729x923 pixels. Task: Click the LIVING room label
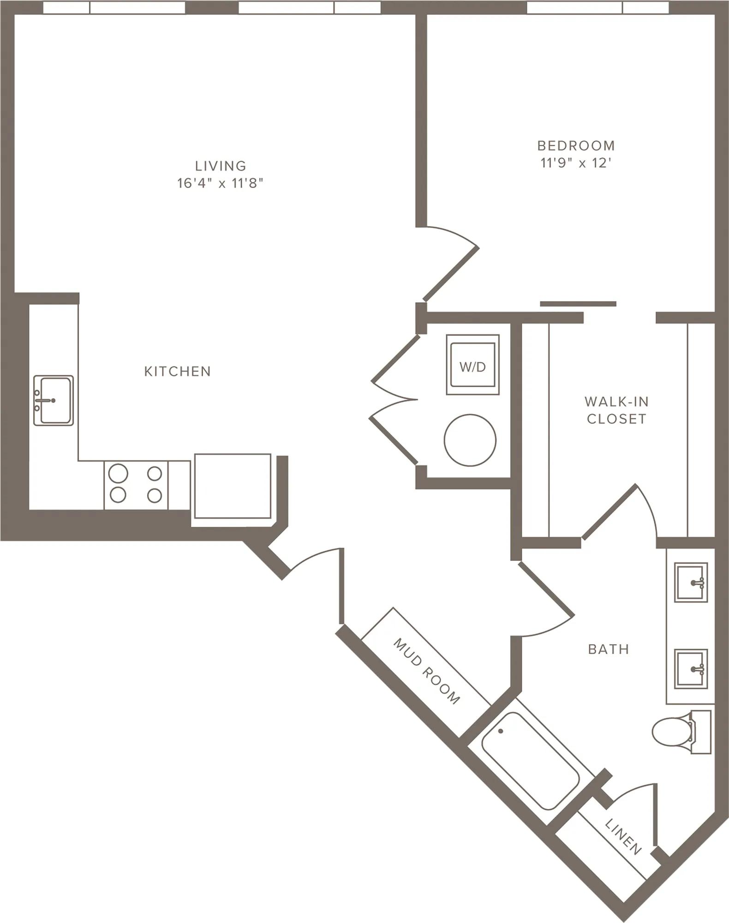[221, 166]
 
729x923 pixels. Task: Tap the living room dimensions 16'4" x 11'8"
[221, 183]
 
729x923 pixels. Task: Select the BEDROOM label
[576, 146]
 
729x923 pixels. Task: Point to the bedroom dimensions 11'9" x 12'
[576, 163]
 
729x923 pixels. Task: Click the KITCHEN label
[178, 372]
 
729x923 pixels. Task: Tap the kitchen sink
[54, 400]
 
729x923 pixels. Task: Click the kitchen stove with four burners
[136, 485]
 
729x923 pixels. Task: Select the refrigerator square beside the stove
[233, 486]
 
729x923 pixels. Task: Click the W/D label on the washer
[473, 367]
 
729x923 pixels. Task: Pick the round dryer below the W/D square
[470, 440]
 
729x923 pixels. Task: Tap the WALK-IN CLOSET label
[616, 410]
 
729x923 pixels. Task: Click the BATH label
[609, 649]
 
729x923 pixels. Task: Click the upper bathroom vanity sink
[691, 582]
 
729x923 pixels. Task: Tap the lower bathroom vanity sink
[691, 669]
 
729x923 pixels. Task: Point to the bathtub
[530, 760]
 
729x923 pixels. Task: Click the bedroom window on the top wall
[598, 7]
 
